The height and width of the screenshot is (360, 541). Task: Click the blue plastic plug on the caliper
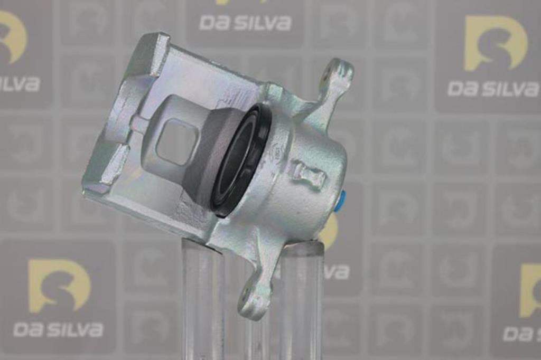(x=342, y=201)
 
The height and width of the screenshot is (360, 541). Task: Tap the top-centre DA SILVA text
(x=245, y=23)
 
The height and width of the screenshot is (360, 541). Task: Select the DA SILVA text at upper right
(x=493, y=88)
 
